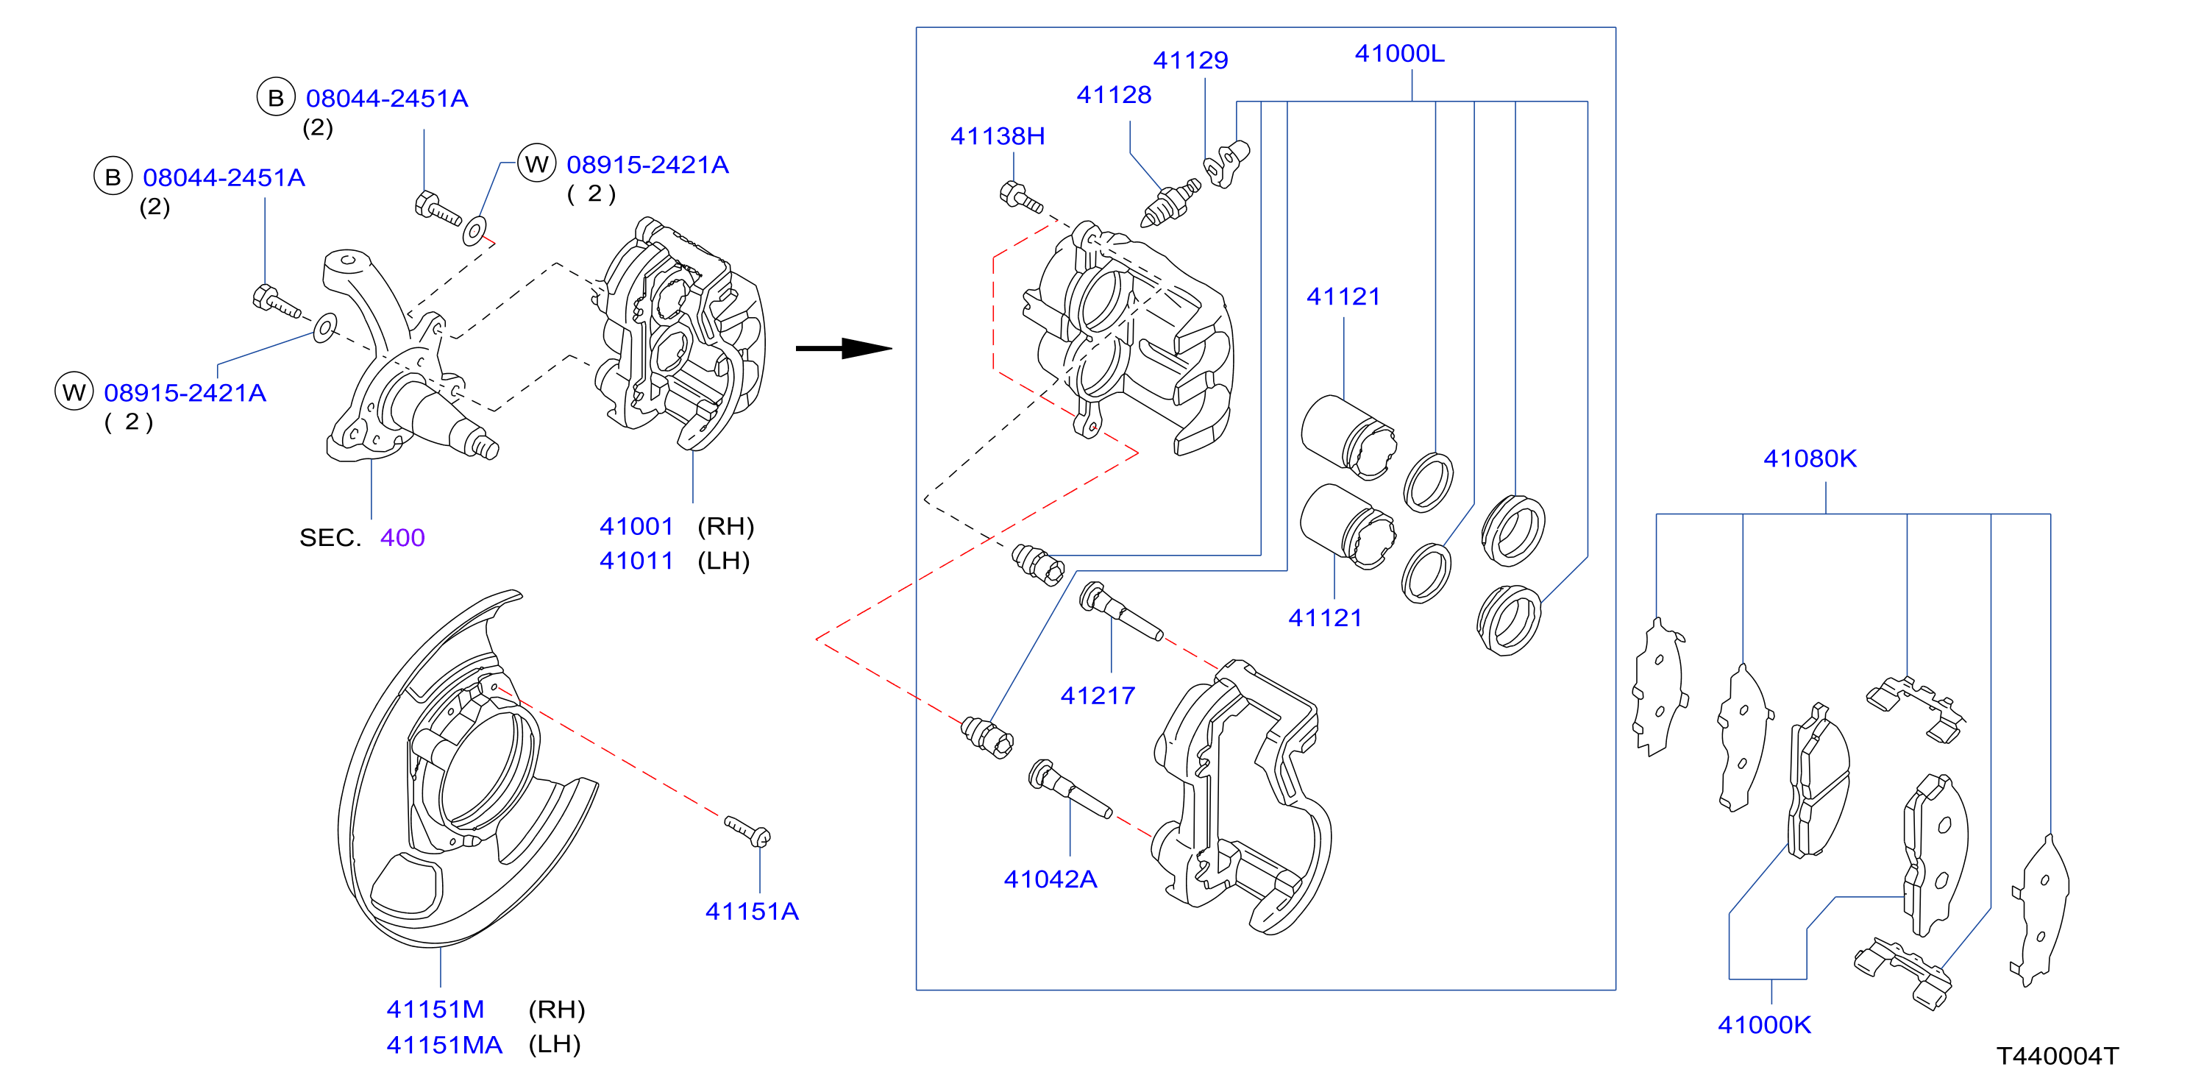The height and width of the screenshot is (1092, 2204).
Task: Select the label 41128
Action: click(x=1113, y=94)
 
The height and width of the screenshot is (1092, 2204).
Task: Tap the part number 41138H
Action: click(x=998, y=136)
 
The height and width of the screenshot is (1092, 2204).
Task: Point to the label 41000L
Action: click(x=1400, y=53)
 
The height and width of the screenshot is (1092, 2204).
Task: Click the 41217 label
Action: click(x=1098, y=696)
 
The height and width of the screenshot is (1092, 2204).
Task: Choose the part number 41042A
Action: click(x=1050, y=879)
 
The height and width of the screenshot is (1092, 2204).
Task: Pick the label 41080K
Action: click(x=1810, y=458)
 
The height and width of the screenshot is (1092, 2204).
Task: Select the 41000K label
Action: click(x=1764, y=1024)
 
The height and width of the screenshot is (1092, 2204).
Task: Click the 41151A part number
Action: click(x=752, y=912)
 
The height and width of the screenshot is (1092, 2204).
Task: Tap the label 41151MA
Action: click(x=444, y=1045)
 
